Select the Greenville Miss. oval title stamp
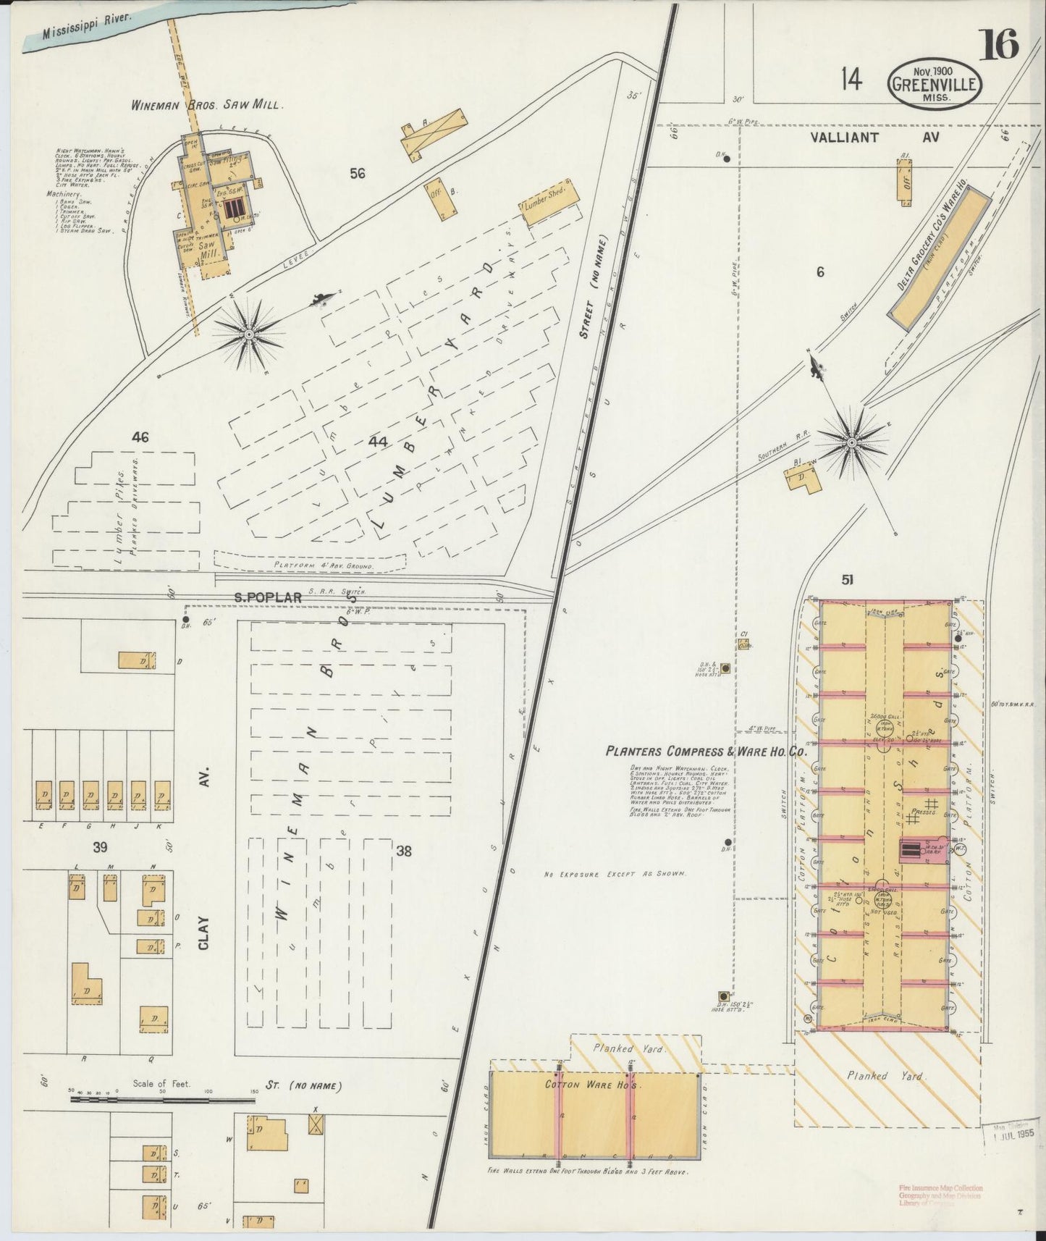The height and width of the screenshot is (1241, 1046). [935, 84]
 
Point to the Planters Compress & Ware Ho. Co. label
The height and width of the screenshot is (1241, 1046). [706, 752]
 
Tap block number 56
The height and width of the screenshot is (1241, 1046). [356, 173]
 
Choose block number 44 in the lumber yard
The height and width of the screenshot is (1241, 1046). [377, 441]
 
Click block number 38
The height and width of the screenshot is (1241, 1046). [404, 852]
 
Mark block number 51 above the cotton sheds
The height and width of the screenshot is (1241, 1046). [848, 579]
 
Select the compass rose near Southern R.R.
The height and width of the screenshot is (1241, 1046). [852, 441]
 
